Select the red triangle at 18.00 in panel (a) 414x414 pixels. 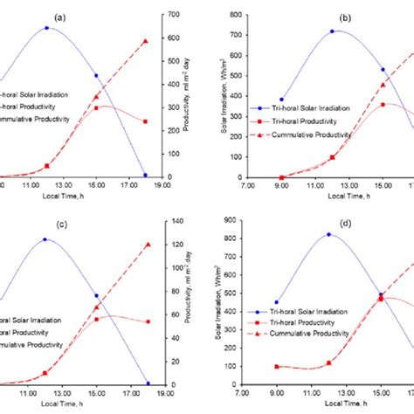pyautogui.click(x=146, y=41)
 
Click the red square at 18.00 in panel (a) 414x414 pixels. pyautogui.click(x=146, y=121)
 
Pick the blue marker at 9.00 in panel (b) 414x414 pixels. pyautogui.click(x=281, y=100)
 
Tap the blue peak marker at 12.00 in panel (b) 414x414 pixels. pyautogui.click(x=332, y=31)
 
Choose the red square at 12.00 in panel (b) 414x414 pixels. pyautogui.click(x=332, y=157)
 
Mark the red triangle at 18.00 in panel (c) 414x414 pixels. pyautogui.click(x=147, y=245)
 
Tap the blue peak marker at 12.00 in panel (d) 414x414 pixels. pyautogui.click(x=328, y=234)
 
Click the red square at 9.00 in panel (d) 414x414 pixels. pyautogui.click(x=277, y=367)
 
